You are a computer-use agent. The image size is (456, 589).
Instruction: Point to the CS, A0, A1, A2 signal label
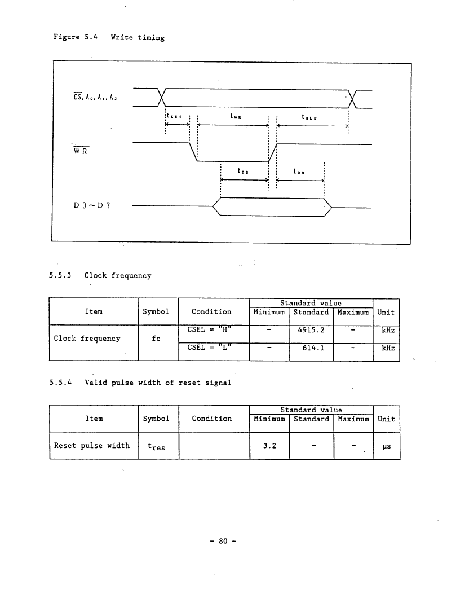coord(95,97)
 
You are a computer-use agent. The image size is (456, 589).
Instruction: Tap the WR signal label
coord(81,151)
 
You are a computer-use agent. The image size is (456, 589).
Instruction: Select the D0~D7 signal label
coord(92,205)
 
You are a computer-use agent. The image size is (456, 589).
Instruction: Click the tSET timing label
coord(174,116)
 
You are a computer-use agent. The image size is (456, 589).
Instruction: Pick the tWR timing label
coord(236,116)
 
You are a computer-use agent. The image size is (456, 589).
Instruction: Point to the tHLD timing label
coord(309,117)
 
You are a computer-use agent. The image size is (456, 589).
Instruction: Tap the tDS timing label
coord(243,171)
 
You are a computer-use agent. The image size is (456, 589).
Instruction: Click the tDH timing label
coord(299,172)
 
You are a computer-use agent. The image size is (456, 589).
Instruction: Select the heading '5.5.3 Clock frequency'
coord(100,275)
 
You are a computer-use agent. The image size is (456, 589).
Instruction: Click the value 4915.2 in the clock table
coord(311,330)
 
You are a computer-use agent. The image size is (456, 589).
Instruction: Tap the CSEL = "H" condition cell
coord(209,329)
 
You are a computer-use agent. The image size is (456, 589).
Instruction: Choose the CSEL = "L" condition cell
coord(209,347)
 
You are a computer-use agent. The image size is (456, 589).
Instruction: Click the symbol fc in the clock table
coord(156,339)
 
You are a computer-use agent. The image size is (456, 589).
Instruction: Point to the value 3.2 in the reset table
coord(269,446)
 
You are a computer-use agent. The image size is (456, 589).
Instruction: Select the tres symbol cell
coord(156,447)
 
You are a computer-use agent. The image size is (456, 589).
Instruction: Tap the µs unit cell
coord(387,447)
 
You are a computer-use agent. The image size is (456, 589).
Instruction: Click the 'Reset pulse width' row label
coord(91,446)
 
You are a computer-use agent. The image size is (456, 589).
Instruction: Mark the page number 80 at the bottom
coord(223,541)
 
